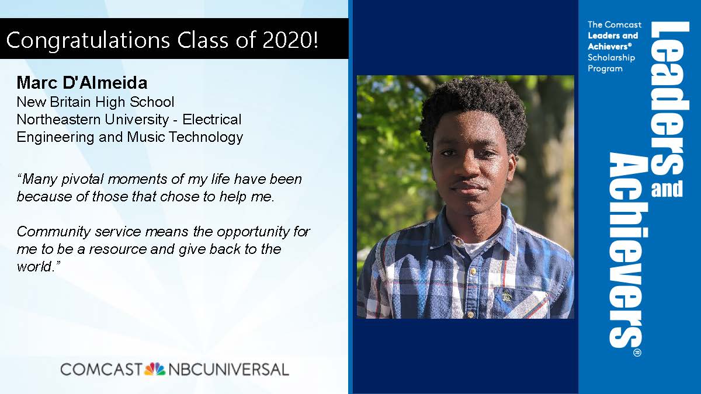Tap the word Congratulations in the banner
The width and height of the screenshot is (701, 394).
click(x=88, y=41)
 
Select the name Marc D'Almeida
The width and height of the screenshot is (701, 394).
click(x=82, y=83)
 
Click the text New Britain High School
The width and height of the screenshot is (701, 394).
click(x=95, y=102)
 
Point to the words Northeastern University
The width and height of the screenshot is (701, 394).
click(x=93, y=120)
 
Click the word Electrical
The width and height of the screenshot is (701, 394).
click(x=212, y=119)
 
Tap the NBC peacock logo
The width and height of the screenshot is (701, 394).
click(x=155, y=369)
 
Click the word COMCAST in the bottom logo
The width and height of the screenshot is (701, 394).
click(x=101, y=369)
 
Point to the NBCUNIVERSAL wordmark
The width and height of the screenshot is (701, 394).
click(x=228, y=369)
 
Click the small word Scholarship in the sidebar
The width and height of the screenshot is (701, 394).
click(x=611, y=58)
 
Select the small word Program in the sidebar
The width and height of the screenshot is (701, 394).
click(x=605, y=69)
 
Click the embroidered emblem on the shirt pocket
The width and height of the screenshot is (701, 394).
click(x=506, y=295)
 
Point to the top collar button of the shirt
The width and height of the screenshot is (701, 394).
click(x=458, y=242)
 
